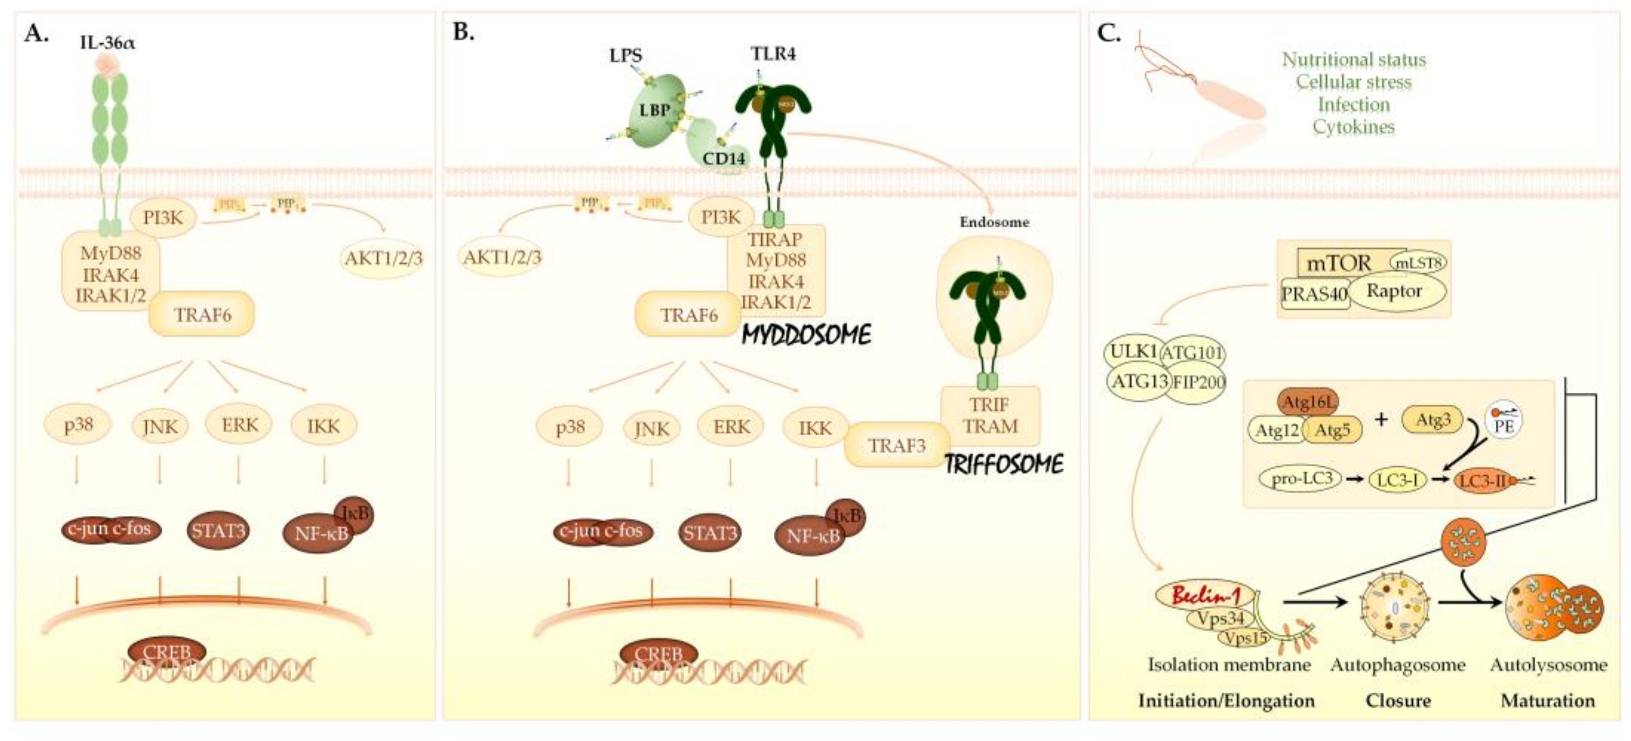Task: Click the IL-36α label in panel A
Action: point(107,43)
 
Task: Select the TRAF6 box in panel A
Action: point(202,314)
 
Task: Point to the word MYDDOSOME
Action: point(806,335)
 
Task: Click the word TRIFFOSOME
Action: point(1003,465)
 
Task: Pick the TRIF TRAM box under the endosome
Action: point(990,415)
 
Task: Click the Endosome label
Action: point(994,222)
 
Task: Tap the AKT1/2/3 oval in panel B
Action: point(502,257)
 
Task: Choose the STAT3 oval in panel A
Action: point(218,530)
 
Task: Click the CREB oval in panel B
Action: point(659,654)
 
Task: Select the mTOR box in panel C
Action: point(1339,263)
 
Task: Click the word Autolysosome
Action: point(1548,665)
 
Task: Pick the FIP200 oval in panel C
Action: point(1198,382)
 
